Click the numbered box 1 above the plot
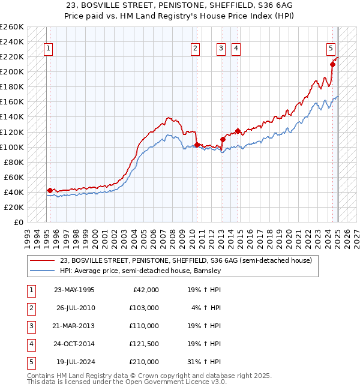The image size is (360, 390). pos(47,49)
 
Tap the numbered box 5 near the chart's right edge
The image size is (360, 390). pos(331,49)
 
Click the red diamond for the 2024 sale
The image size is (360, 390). pos(332,64)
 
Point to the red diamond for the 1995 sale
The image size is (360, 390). pos(50,190)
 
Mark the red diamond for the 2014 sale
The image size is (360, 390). pos(238,131)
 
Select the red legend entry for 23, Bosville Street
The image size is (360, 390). pos(185,261)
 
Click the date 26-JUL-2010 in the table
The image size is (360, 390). pos(74,308)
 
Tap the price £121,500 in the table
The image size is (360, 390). pos(144,344)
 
